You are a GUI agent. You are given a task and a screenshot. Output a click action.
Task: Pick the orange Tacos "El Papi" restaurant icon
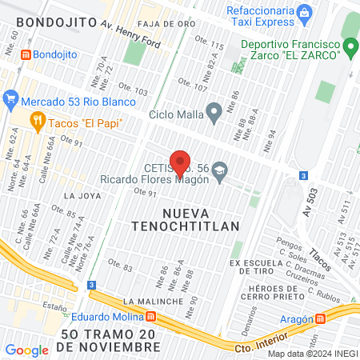click(37, 121)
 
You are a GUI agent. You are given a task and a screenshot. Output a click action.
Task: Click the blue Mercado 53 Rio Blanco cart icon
click(10, 101)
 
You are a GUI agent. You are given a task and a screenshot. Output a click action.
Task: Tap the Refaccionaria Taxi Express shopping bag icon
click(304, 14)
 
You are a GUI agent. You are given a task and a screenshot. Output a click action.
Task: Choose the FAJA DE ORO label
click(166, 24)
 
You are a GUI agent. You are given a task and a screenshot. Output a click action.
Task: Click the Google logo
click(26, 350)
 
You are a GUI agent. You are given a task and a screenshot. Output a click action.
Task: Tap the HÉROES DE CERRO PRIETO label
click(276, 294)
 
